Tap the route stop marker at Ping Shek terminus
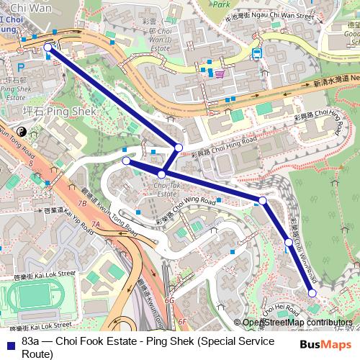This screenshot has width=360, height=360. click(x=48, y=48)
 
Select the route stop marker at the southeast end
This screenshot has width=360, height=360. click(x=312, y=292)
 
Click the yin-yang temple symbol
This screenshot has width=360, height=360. click(x=21, y=132)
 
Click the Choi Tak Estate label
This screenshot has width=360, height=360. click(x=166, y=190)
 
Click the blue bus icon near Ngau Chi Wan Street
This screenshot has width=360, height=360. click(x=256, y=53)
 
